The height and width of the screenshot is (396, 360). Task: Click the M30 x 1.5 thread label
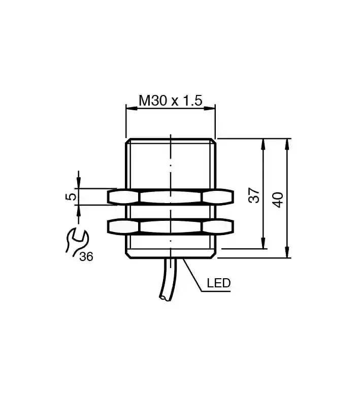tap(171, 101)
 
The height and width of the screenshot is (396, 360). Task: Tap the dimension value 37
tap(254, 195)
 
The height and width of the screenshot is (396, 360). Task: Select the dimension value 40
tap(278, 200)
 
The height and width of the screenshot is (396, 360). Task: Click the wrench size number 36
tap(86, 257)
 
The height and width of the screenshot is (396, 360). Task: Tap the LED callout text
tap(218, 283)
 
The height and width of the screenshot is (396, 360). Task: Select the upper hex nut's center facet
tap(171, 197)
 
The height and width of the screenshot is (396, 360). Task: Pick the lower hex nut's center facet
tap(171, 226)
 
